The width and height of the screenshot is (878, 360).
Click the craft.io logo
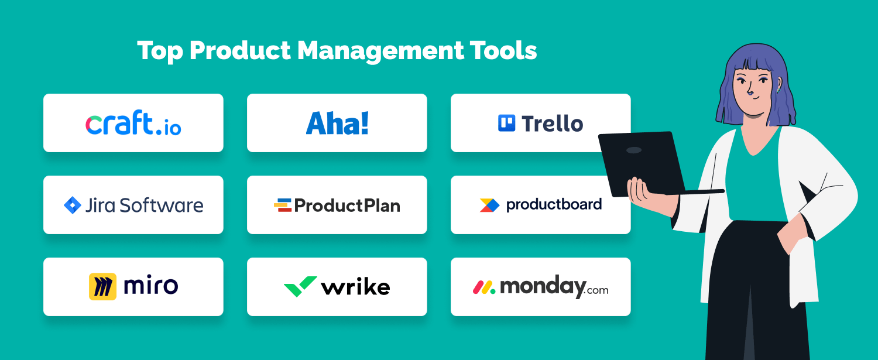tap(133, 123)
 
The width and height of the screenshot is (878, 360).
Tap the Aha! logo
tap(337, 123)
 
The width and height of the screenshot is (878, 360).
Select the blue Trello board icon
tap(506, 123)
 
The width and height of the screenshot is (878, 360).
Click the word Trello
tap(553, 124)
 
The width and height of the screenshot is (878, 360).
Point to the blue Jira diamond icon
tap(73, 205)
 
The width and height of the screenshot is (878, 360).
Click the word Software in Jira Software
tap(162, 205)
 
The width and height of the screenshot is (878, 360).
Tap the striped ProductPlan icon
tap(283, 205)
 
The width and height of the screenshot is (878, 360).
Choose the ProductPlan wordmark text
tap(347, 205)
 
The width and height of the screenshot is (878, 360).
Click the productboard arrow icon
tap(489, 205)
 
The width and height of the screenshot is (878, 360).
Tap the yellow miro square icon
tap(102, 287)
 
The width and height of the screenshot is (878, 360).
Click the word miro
tap(151, 286)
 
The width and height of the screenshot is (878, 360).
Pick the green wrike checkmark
tap(300, 286)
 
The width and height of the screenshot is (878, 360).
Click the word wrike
tap(355, 287)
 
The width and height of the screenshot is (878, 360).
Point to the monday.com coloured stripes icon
tap(484, 287)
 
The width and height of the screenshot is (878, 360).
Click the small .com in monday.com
tap(598, 290)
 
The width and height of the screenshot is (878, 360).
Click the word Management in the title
tap(380, 52)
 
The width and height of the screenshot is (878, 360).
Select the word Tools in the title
tap(503, 50)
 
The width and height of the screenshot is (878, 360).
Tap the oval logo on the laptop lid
tap(634, 150)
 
